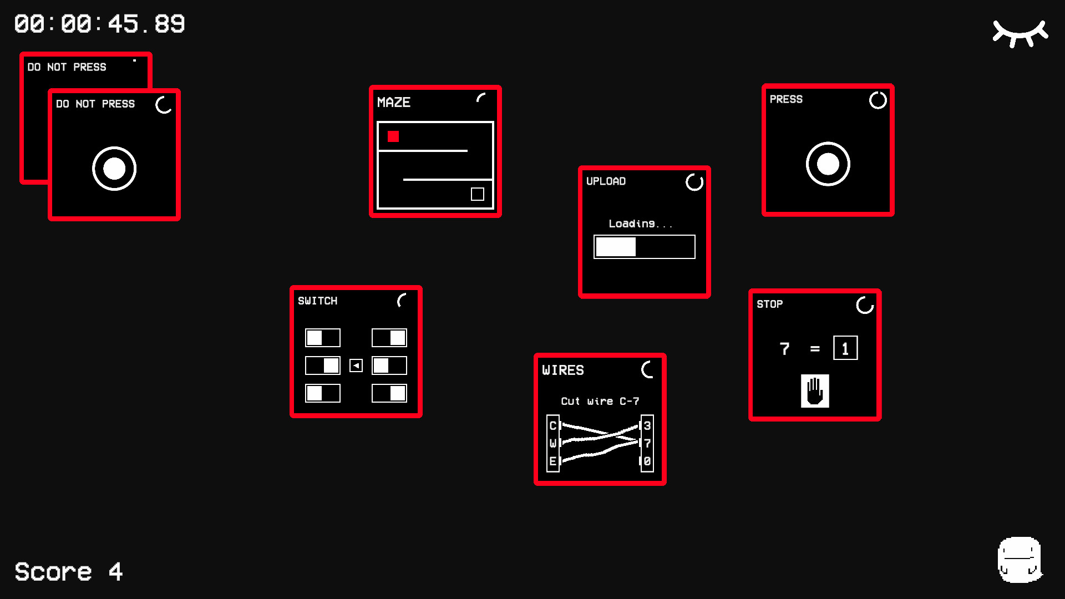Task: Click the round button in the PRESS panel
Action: pyautogui.click(x=828, y=164)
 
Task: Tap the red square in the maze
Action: pyautogui.click(x=393, y=136)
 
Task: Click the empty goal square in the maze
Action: pyautogui.click(x=477, y=194)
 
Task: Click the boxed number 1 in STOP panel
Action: pyautogui.click(x=845, y=348)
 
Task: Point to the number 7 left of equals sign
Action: pyautogui.click(x=784, y=348)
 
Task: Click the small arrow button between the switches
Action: pyautogui.click(x=356, y=366)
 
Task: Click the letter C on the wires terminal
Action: pyautogui.click(x=553, y=426)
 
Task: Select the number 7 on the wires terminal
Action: pyautogui.click(x=647, y=443)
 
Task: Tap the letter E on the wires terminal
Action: pyautogui.click(x=553, y=461)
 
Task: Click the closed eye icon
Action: pyautogui.click(x=1020, y=33)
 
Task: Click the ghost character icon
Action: pyautogui.click(x=1020, y=560)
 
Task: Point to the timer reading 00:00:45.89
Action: pyautogui.click(x=100, y=24)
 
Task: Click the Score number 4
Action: pyautogui.click(x=115, y=572)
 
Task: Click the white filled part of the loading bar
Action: pyautogui.click(x=616, y=247)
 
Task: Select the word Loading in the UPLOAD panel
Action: pyautogui.click(x=632, y=224)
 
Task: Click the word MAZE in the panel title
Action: pyautogui.click(x=394, y=103)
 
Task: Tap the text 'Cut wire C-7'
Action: pyautogui.click(x=600, y=401)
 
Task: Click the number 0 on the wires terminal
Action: pyautogui.click(x=647, y=461)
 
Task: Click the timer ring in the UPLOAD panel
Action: pyautogui.click(x=694, y=182)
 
